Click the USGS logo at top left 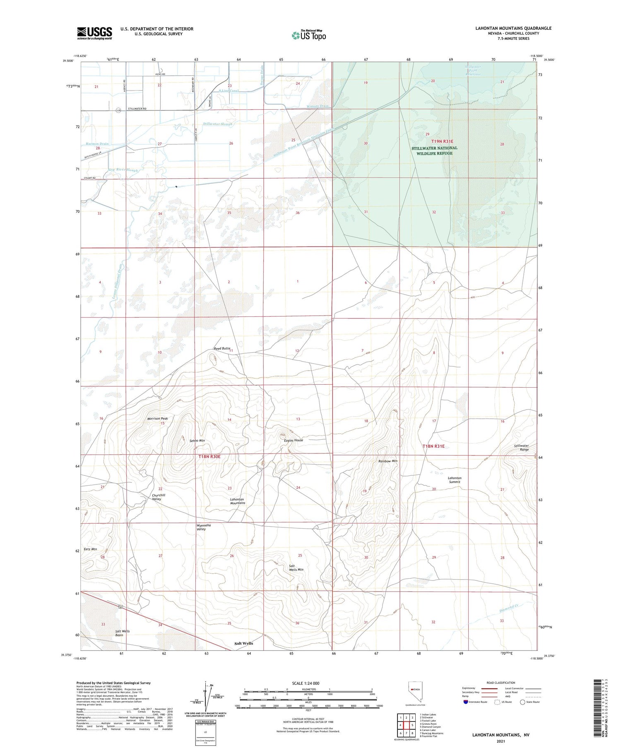click(x=94, y=33)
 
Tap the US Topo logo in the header click(x=309, y=35)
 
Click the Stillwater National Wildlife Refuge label click(x=434, y=151)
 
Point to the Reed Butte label click(x=222, y=349)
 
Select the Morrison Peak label click(x=157, y=419)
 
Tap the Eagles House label click(x=294, y=440)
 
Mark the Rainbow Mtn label click(x=388, y=461)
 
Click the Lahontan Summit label click(x=455, y=479)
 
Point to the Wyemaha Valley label click(x=203, y=527)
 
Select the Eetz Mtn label click(x=90, y=549)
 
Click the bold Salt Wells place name click(x=243, y=643)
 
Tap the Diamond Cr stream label click(x=509, y=608)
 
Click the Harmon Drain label click(x=97, y=144)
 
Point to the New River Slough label click(x=123, y=170)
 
